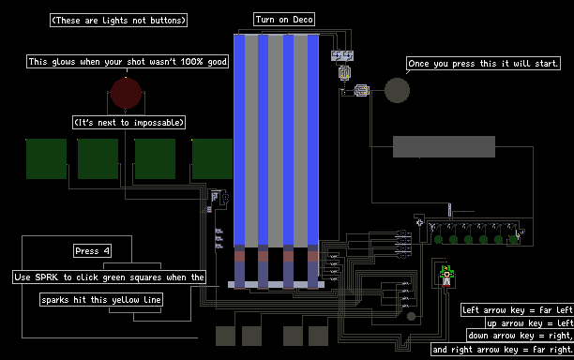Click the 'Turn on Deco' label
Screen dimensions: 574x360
(x=284, y=20)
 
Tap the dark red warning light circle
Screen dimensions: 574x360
(x=127, y=93)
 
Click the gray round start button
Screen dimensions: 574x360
(x=397, y=90)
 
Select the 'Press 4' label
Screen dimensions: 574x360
(x=92, y=251)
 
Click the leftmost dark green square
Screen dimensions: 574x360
(x=47, y=158)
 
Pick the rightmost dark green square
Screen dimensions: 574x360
(x=212, y=158)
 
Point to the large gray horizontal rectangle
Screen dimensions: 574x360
(x=444, y=146)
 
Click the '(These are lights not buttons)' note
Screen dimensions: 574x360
(x=118, y=20)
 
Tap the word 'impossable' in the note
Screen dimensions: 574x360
(x=159, y=122)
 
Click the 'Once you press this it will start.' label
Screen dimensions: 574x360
(x=483, y=64)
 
